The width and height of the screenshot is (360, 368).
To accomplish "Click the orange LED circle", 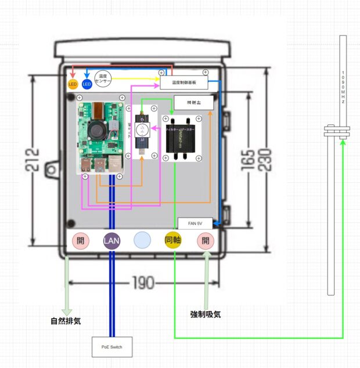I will (x=73, y=85).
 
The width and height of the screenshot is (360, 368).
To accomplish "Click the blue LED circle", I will (x=87, y=85).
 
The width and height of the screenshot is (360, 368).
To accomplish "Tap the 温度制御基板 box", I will (x=184, y=83).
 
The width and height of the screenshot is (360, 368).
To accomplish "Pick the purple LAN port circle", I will (x=111, y=240).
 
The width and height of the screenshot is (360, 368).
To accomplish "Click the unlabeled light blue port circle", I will (x=142, y=240).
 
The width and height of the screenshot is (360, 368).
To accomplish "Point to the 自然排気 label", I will (x=66, y=320).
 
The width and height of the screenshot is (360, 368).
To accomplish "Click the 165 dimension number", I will (x=248, y=158).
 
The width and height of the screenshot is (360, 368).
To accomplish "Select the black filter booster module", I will (x=182, y=139).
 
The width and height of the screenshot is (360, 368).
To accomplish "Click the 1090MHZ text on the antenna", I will (x=343, y=88).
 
